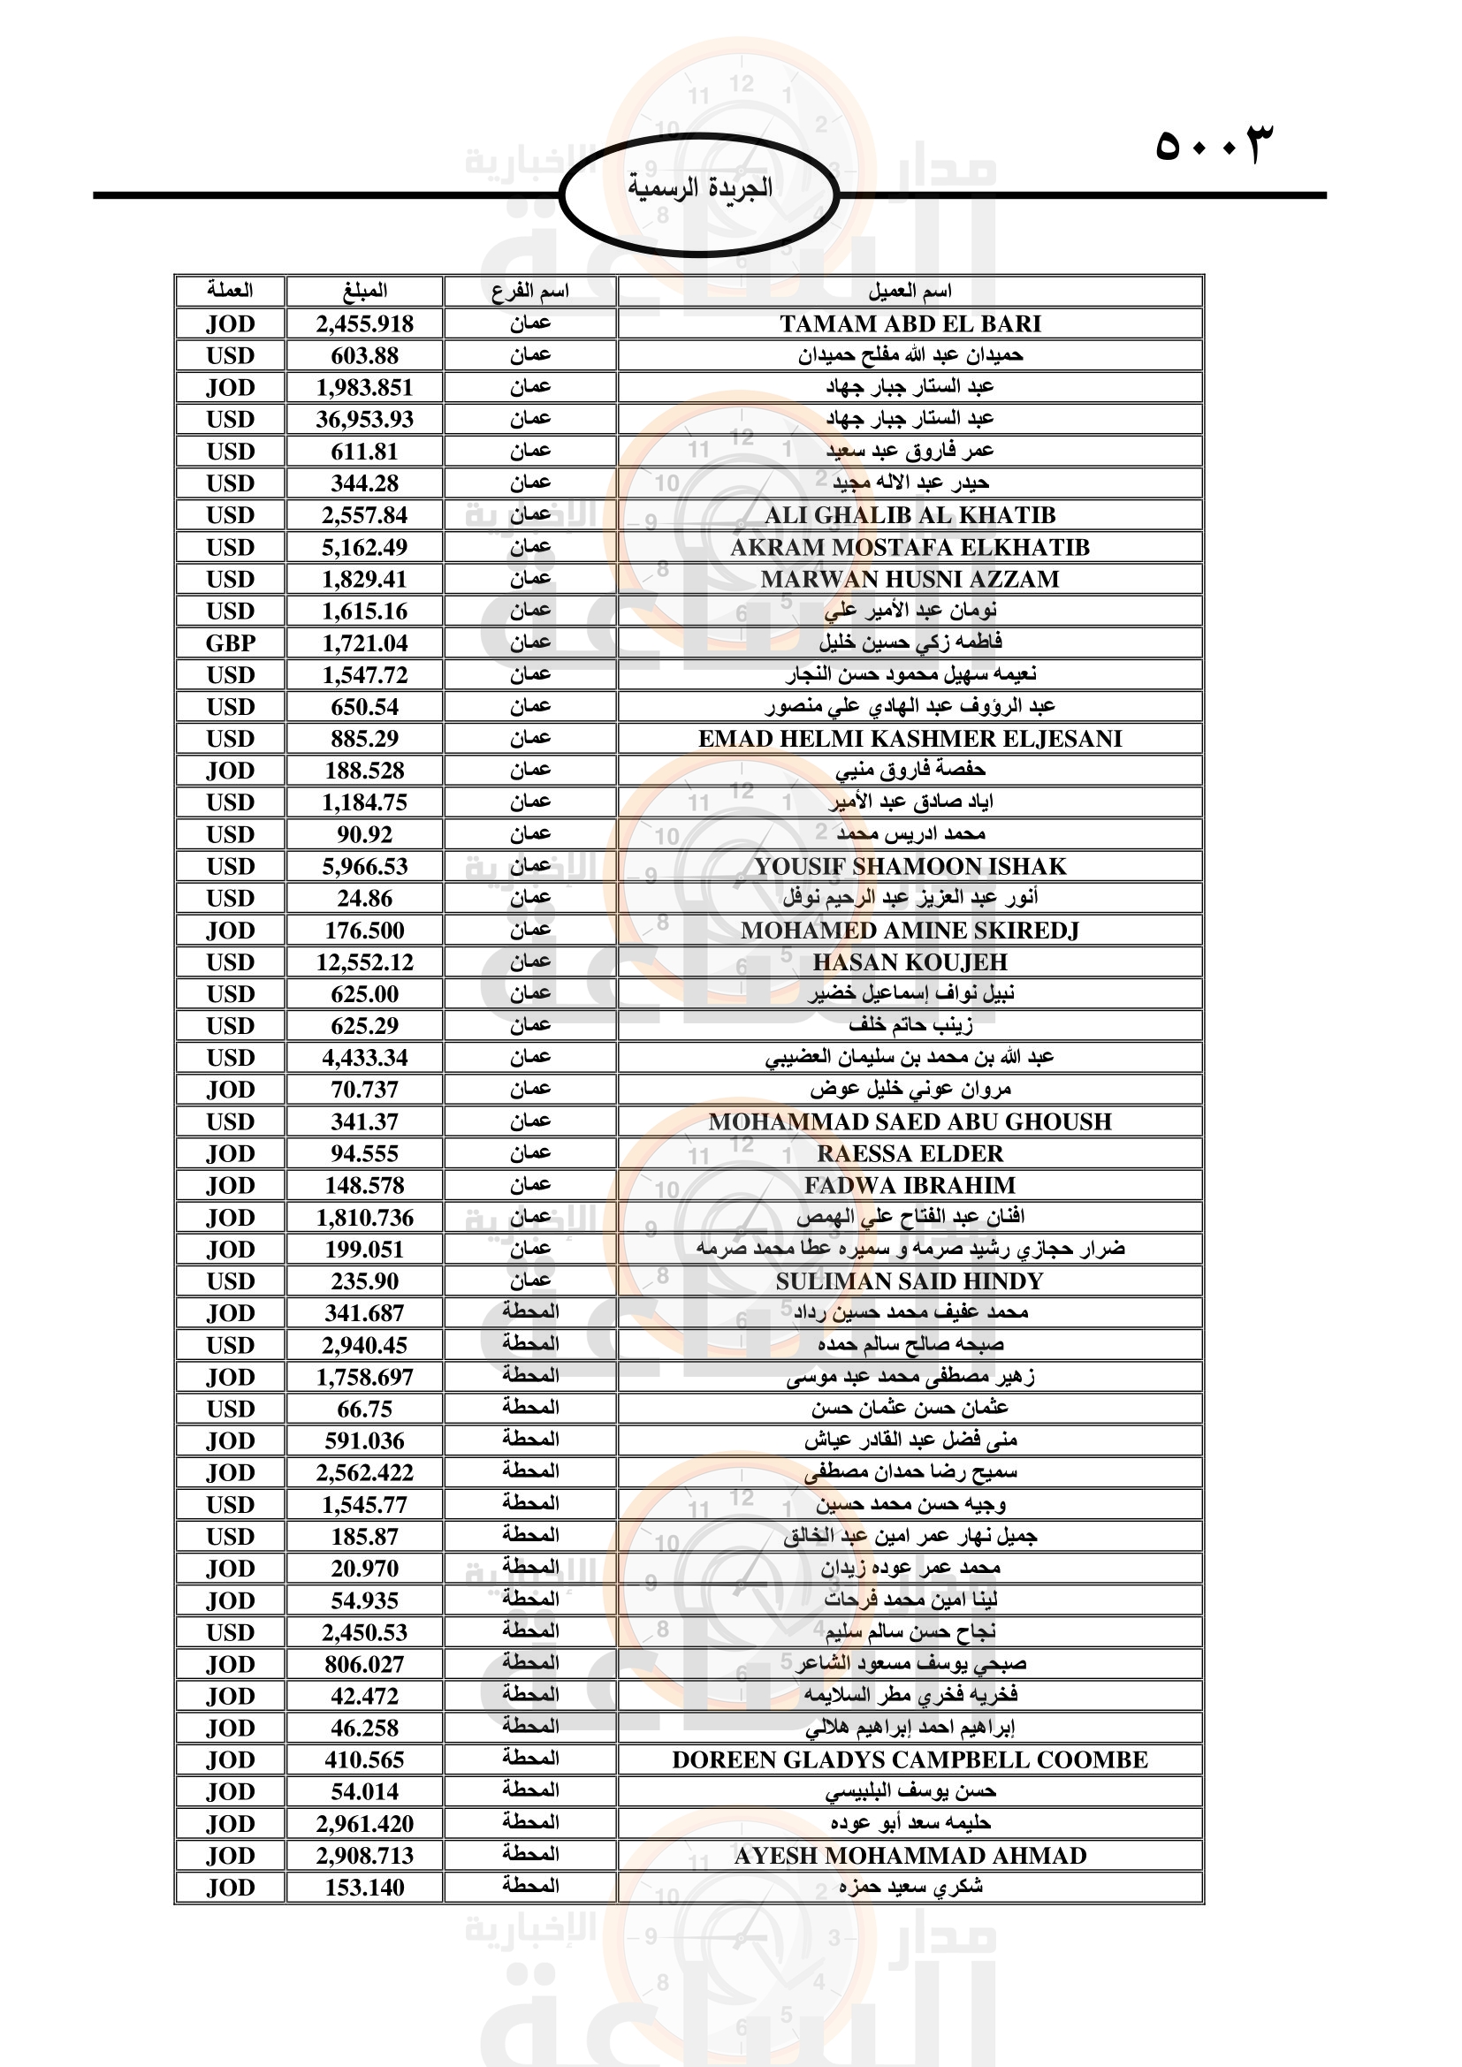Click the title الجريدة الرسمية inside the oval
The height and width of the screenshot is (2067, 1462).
699,187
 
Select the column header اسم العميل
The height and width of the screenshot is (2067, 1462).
910,291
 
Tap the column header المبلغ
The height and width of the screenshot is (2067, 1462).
364,291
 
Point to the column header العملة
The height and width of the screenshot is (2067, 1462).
231,291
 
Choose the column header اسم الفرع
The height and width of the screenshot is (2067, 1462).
530,291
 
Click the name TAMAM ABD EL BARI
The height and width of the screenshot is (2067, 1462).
910,323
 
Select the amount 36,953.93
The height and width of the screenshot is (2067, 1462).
364,420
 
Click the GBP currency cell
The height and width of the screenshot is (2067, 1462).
231,642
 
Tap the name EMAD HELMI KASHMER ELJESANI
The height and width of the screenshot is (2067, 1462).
910,739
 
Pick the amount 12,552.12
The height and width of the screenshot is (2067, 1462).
364,962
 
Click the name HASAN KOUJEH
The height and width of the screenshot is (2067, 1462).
910,962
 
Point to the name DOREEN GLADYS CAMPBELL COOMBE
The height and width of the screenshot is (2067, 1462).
910,1760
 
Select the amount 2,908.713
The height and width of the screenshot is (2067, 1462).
364,1856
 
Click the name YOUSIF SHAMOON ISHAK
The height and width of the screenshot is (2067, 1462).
910,866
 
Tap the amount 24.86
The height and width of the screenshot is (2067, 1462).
364,899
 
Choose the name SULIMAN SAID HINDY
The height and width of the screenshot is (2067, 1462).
910,1281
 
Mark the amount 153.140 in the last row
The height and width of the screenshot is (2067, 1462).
364,1888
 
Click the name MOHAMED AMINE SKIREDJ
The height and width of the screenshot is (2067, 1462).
910,931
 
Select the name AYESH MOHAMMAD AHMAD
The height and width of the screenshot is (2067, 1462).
910,1856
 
